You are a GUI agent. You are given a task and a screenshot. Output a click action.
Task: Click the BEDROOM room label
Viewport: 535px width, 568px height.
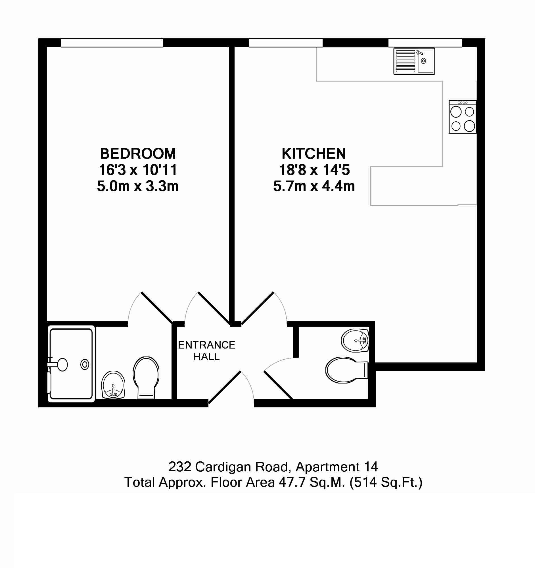pos(138,154)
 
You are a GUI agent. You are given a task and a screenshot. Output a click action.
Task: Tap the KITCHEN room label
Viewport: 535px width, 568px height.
pos(314,154)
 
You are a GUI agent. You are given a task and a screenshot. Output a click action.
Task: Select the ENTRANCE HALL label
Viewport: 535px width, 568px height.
pos(206,351)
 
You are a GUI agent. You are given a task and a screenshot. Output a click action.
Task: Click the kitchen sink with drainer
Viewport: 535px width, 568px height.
pos(414,61)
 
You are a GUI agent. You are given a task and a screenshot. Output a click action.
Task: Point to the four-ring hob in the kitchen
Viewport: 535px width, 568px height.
pos(463,117)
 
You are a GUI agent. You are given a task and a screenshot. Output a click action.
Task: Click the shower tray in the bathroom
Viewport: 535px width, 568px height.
pos(71,364)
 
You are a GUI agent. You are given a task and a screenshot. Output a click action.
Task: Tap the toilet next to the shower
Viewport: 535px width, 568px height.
pos(146,378)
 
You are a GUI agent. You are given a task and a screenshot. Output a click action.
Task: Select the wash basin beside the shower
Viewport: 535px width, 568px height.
pos(113,385)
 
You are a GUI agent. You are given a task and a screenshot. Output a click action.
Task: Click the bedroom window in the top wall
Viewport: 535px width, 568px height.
pos(112,43)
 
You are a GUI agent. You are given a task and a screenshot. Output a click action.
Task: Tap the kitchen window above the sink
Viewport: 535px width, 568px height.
pos(425,43)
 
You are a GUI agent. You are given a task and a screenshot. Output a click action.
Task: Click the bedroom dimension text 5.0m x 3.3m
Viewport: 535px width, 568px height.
pos(138,186)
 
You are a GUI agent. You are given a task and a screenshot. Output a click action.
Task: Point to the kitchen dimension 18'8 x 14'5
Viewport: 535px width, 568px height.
pos(314,170)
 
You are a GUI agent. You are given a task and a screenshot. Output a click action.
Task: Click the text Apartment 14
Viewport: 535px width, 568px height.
pos(337,467)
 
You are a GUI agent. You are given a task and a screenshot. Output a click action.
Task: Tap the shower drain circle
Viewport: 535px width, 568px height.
pos(85,364)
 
